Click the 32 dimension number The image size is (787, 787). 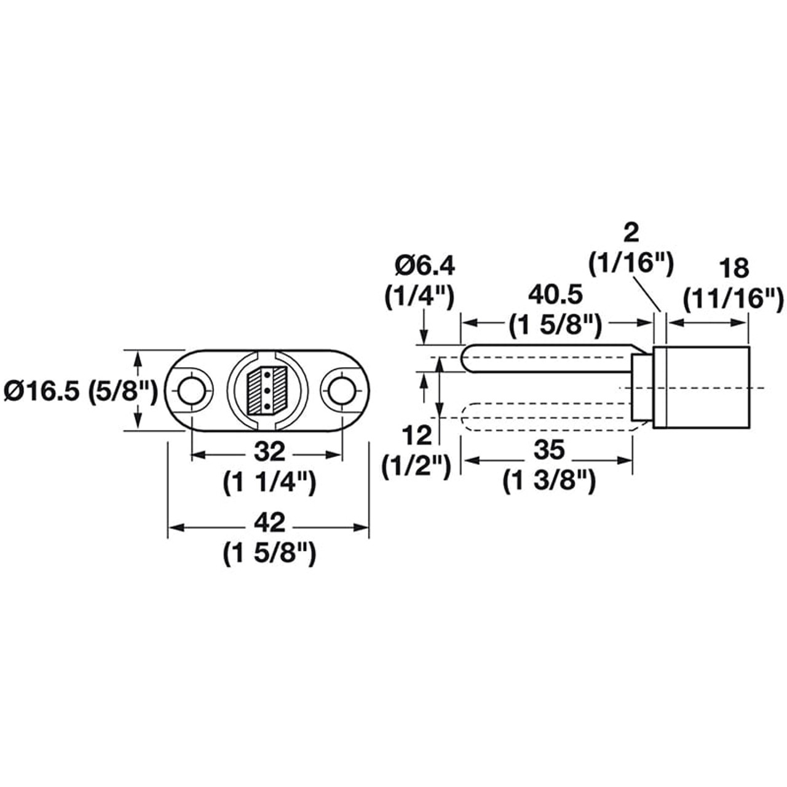269,453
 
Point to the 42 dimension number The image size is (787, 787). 269,523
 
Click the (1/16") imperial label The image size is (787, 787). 631,264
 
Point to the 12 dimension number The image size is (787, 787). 417,436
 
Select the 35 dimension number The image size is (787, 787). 548,450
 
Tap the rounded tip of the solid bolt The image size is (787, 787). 469,358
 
